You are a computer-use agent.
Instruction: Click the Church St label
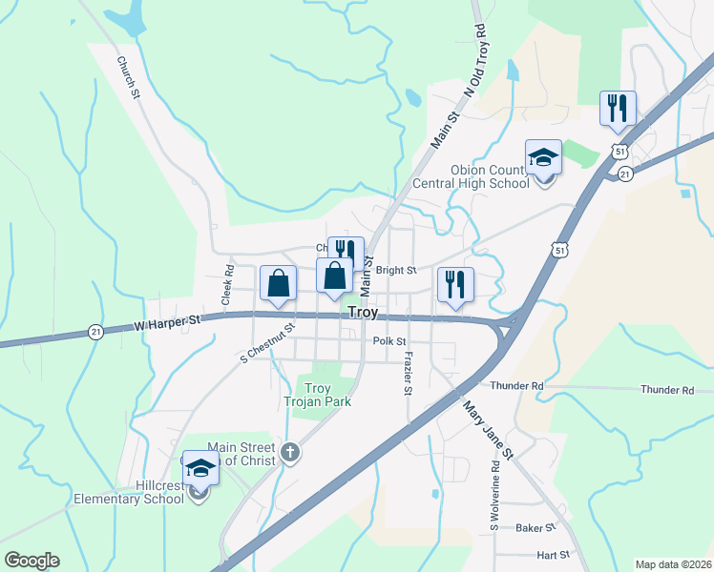[x=129, y=78]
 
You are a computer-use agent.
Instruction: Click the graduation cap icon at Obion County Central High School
[x=543, y=157]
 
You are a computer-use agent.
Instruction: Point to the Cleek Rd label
[x=227, y=285]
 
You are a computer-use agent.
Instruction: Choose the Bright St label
[x=396, y=271]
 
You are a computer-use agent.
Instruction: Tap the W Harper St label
[x=169, y=326]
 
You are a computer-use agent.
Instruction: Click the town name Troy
[x=364, y=312]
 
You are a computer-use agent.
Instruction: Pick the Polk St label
[x=390, y=340]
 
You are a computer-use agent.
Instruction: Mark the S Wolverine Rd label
[x=494, y=496]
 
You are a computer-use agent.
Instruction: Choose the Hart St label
[x=553, y=554]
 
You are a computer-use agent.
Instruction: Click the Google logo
[x=32, y=561]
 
